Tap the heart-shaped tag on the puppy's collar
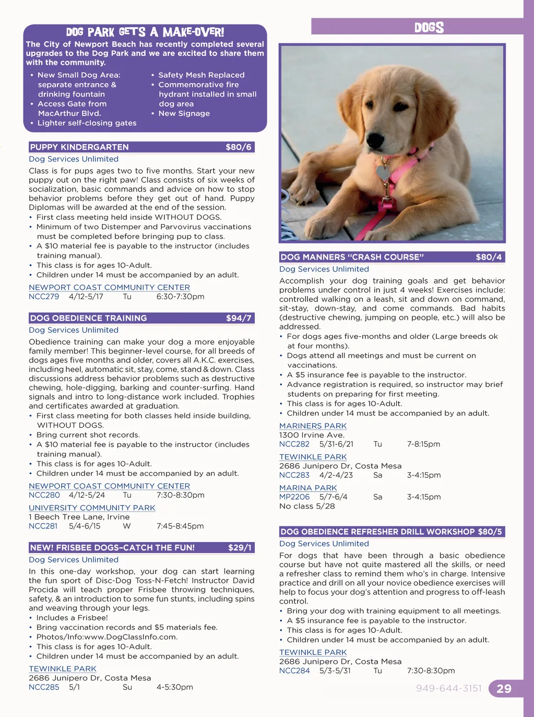(x=383, y=172)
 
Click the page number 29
(x=504, y=689)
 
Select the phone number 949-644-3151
(x=448, y=688)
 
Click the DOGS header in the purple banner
(x=429, y=28)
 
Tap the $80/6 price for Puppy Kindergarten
(x=239, y=147)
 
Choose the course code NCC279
(x=44, y=297)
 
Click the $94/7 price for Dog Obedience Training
(x=239, y=318)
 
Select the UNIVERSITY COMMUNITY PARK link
(x=92, y=508)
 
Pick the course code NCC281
(x=43, y=526)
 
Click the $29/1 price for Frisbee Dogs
(x=240, y=548)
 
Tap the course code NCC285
(x=44, y=687)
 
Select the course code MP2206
(x=294, y=497)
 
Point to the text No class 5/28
(x=307, y=506)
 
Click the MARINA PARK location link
(x=308, y=488)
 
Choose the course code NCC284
(x=294, y=671)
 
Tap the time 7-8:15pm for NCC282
(x=423, y=444)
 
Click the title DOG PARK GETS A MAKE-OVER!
(x=145, y=32)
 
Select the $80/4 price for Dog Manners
(x=489, y=257)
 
